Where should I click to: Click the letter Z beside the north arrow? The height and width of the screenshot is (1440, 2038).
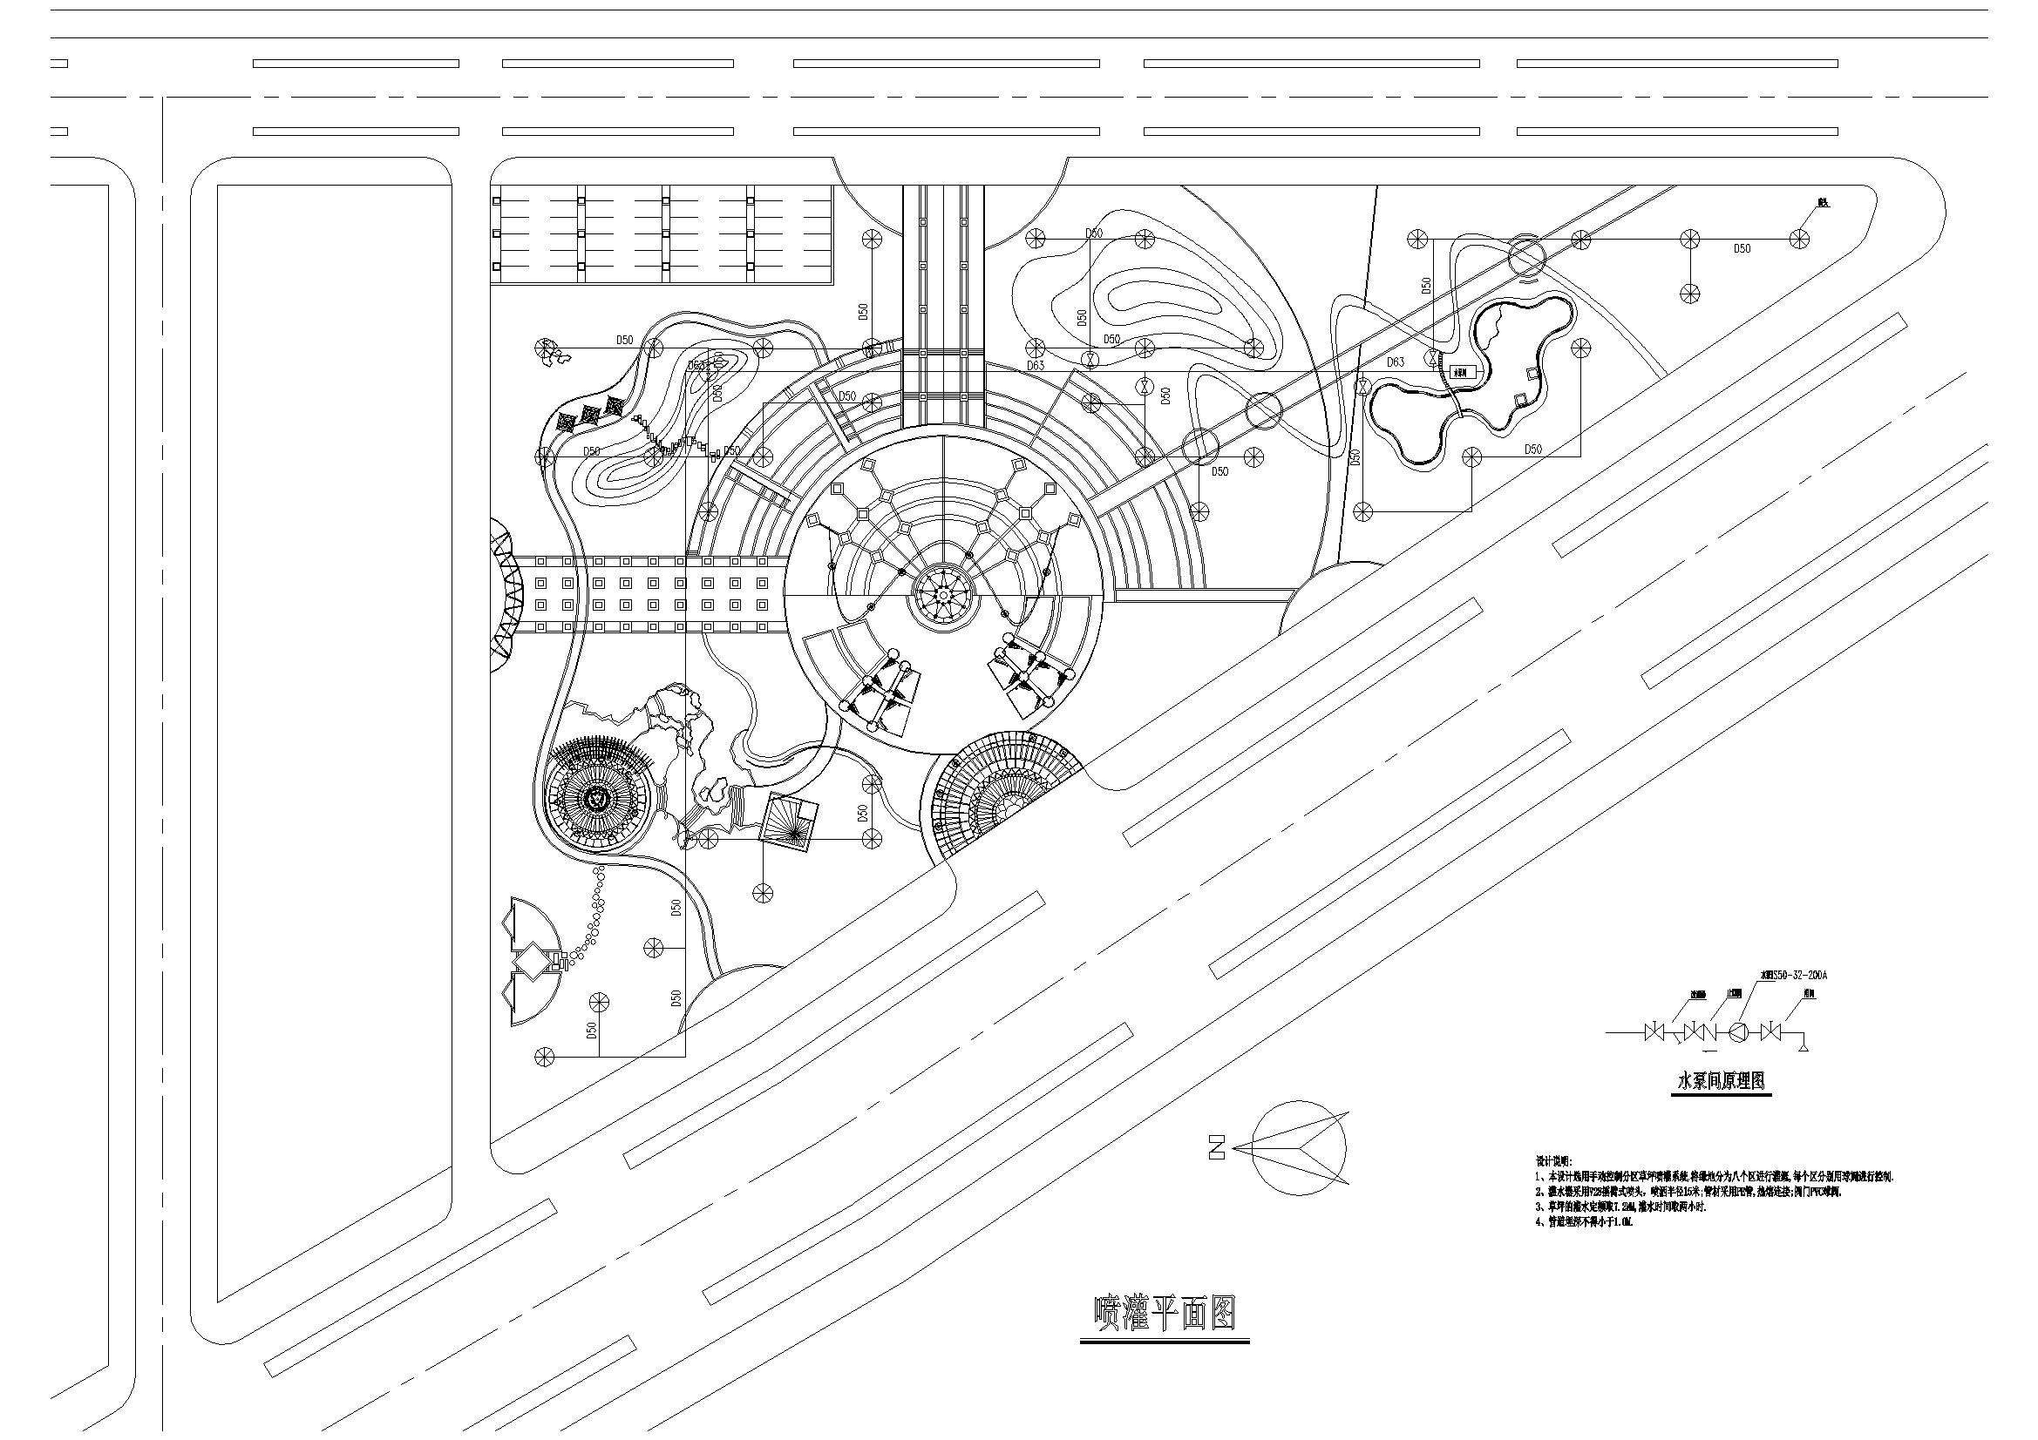[1216, 1147]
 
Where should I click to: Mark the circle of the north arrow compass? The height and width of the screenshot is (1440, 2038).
[1299, 1147]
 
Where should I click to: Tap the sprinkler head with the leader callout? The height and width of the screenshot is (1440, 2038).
[1799, 238]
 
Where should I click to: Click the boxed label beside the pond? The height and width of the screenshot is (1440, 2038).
[1463, 373]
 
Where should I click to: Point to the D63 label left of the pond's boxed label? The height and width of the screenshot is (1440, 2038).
[1396, 362]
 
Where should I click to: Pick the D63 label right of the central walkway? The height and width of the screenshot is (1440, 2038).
[1036, 366]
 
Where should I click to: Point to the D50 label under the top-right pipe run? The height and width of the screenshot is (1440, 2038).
[1742, 249]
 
